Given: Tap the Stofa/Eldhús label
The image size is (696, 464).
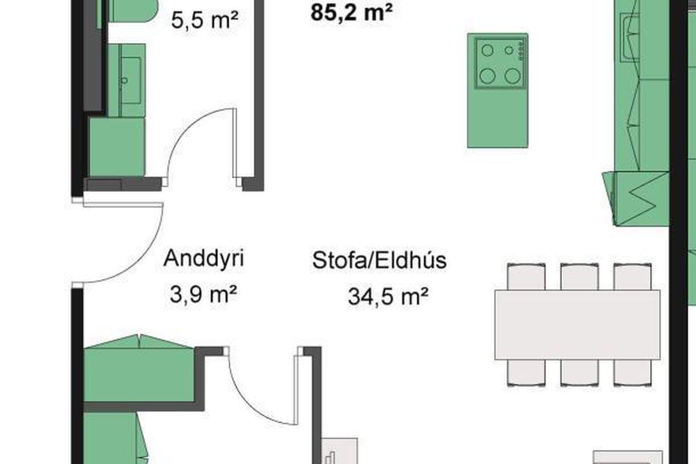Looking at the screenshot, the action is point(380,260).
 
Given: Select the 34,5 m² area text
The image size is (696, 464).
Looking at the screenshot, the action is point(388,297).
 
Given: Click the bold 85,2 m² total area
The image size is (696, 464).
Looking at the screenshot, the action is point(351,12).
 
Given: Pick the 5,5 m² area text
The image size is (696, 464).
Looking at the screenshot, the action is point(205,20).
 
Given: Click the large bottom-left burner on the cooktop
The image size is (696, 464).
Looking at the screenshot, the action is point(487,76).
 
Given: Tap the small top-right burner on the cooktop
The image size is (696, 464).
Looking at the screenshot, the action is point(509,50).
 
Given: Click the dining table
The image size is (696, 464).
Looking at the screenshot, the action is point(577,325).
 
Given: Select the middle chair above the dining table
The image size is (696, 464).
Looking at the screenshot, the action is point(579,276).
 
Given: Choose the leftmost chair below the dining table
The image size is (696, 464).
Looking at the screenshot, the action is point(526,373).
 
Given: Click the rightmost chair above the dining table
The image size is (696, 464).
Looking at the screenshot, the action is point(633,276).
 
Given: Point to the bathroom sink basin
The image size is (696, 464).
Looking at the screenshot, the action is point(131,80).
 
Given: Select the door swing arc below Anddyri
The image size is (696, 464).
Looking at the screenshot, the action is point(248,404).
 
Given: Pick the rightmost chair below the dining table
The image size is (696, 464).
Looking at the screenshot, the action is point(633,373).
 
